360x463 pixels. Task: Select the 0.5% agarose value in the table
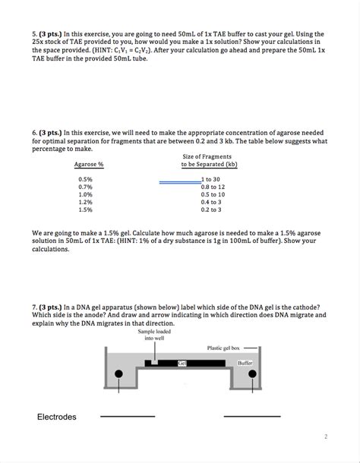click(85, 179)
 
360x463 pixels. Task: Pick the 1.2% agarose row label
click(85, 202)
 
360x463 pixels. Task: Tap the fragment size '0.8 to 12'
click(213, 187)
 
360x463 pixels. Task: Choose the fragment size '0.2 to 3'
click(211, 209)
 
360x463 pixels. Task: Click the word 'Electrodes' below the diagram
click(57, 417)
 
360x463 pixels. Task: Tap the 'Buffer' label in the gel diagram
click(245, 364)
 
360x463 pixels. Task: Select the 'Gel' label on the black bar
click(182, 364)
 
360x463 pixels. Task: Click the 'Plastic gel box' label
click(224, 348)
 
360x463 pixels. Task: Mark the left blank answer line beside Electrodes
click(128, 417)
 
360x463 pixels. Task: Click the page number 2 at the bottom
click(325, 437)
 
